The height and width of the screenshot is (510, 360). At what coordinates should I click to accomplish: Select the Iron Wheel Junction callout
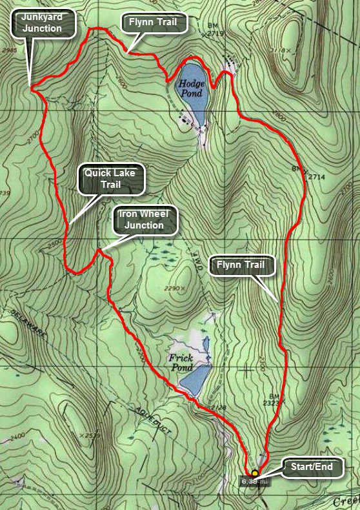click(145, 221)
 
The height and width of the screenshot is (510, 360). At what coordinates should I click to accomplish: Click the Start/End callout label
click(312, 468)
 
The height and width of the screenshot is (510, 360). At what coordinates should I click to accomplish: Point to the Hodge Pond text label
click(192, 88)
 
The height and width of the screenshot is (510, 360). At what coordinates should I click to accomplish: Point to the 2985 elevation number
click(9, 50)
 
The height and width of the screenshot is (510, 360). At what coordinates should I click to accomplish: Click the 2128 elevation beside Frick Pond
click(218, 406)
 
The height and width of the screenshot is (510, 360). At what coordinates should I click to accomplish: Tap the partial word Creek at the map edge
click(347, 502)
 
